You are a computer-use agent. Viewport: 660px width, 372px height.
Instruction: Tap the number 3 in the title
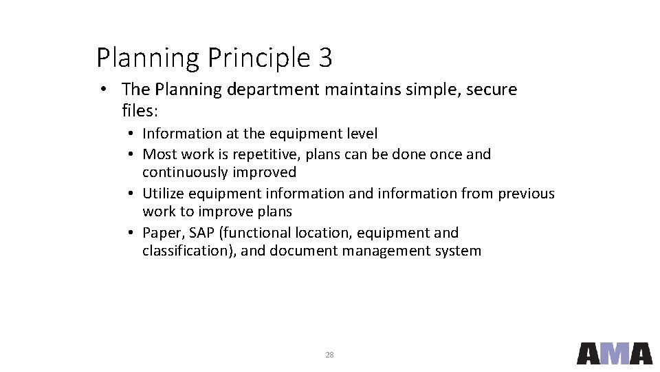(326, 58)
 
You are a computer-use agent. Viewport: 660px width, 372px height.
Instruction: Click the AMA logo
(614, 353)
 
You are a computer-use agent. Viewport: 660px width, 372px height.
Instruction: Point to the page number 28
(329, 355)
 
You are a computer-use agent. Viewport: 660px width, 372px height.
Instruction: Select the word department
(273, 90)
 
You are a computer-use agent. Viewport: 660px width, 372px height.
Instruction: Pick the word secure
(492, 90)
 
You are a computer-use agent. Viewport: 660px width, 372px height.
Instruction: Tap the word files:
(139, 110)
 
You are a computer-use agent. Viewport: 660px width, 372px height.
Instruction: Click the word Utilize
(163, 194)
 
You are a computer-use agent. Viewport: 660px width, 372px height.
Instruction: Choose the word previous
(526, 194)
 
